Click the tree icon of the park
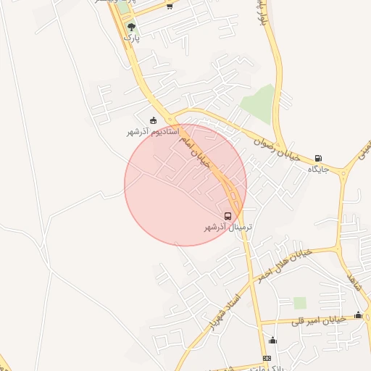(130, 27)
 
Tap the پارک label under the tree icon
(130, 37)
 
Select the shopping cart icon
(170, 7)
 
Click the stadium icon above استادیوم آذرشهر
(153, 120)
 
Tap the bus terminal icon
(228, 216)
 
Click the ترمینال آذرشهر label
(228, 228)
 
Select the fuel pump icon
(319, 158)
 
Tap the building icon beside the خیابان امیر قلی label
(358, 314)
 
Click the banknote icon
(267, 359)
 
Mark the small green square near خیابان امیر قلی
(300, 303)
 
